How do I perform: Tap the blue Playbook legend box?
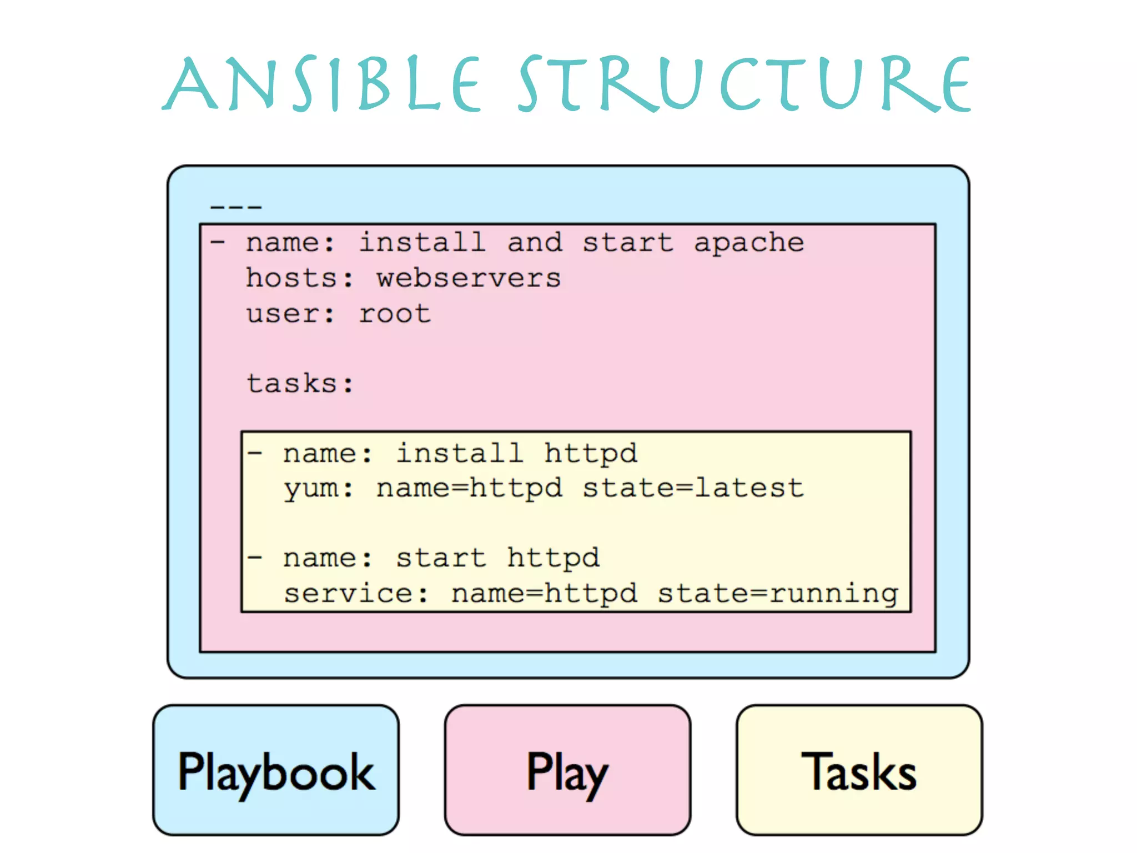pyautogui.click(x=276, y=770)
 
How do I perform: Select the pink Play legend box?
pyautogui.click(x=567, y=770)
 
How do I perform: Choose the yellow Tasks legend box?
pyautogui.click(x=859, y=770)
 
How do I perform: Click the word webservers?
pyautogui.click(x=469, y=278)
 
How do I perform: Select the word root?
pyautogui.click(x=395, y=314)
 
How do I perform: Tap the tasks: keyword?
pyautogui.click(x=300, y=383)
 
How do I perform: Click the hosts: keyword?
pyautogui.click(x=300, y=278)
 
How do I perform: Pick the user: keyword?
pyautogui.click(x=291, y=314)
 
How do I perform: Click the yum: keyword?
pyautogui.click(x=319, y=489)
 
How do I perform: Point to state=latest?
pyautogui.click(x=693, y=489)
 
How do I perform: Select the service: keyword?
pyautogui.click(x=356, y=593)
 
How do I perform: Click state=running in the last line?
pyautogui.click(x=777, y=593)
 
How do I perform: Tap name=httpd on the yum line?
pyautogui.click(x=469, y=489)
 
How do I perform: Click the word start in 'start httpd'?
pyautogui.click(x=441, y=558)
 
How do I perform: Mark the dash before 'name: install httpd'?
pyautogui.click(x=255, y=454)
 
